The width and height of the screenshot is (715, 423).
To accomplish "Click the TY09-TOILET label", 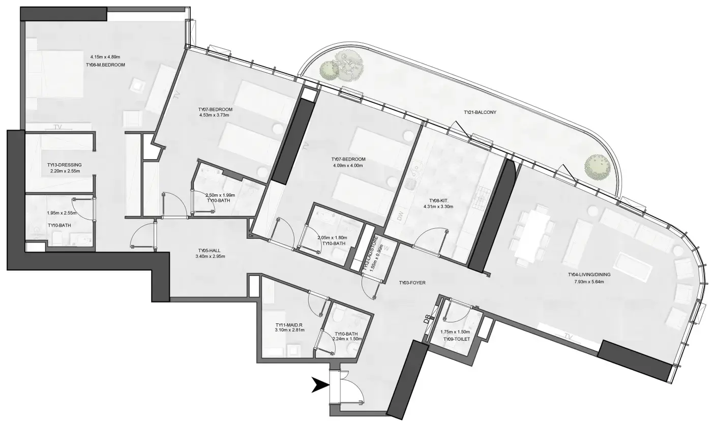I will tap(456, 339).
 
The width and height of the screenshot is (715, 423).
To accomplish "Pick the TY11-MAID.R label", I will tap(289, 325).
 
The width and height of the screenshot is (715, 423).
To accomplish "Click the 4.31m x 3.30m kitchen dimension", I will tap(437, 207).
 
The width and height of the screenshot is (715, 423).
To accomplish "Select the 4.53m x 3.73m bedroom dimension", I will tap(215, 115).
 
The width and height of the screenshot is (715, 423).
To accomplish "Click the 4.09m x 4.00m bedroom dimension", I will tap(348, 165).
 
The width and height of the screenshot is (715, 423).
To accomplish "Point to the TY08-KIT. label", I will tap(437, 200).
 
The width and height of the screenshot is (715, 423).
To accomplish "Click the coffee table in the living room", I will tap(633, 267).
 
